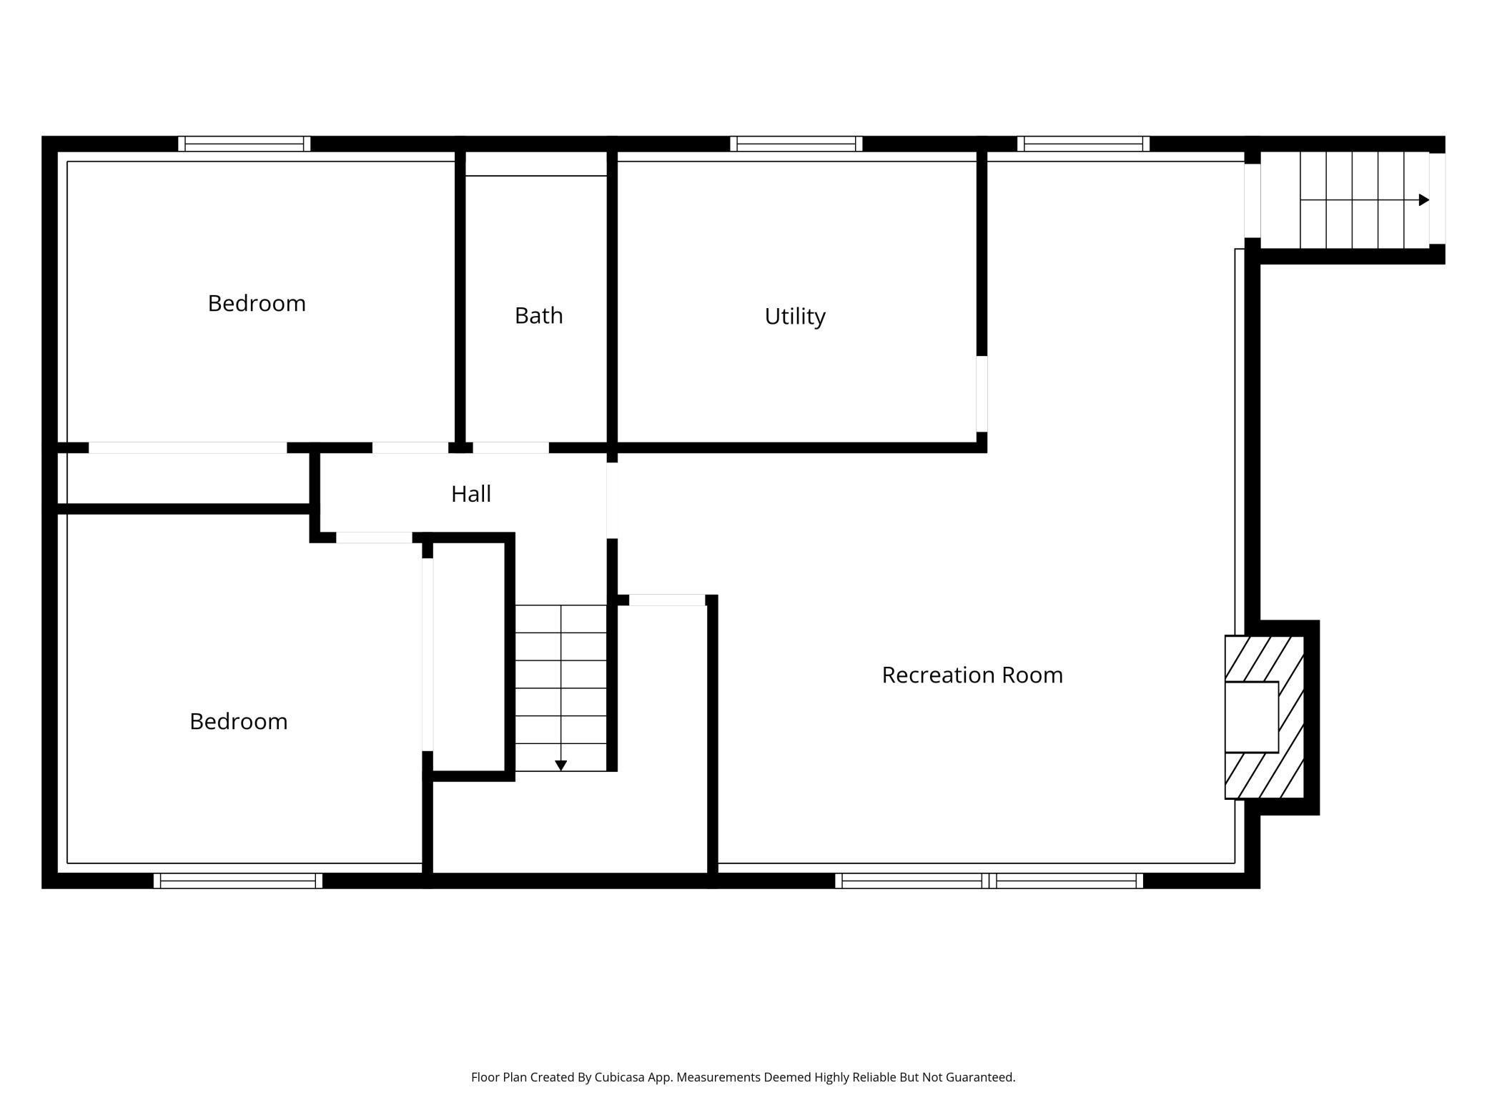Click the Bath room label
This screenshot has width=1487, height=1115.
538,315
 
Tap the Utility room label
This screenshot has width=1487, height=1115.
795,316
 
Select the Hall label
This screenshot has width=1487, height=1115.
470,494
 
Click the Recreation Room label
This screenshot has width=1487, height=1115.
972,675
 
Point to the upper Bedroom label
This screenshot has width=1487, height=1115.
257,303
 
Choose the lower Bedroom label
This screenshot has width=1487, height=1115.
238,721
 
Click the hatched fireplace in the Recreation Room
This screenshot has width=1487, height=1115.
1265,717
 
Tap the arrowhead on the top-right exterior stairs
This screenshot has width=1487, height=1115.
1423,200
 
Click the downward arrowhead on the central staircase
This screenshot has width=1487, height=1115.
561,765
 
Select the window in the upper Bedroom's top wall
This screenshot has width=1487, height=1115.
244,144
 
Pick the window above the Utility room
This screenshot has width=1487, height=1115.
796,144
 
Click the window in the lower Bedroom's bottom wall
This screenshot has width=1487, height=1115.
238,881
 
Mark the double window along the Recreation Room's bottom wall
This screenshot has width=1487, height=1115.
989,881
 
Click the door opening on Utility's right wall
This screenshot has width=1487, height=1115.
982,394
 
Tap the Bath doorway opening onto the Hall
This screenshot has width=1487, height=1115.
511,448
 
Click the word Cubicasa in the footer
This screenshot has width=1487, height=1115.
619,1077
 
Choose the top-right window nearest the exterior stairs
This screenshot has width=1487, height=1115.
1084,144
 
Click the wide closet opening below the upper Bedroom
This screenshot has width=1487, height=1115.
188,448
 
